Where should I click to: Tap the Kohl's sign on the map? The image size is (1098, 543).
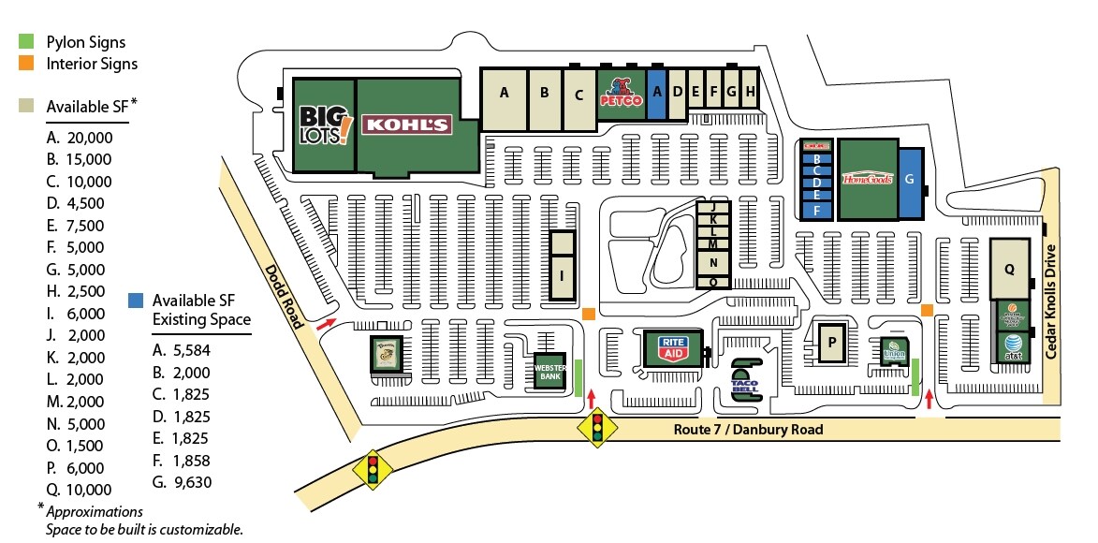point(406,125)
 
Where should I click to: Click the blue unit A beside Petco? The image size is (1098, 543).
point(656,91)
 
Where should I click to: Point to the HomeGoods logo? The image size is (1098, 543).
point(869,179)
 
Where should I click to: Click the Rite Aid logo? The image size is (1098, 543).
point(671,348)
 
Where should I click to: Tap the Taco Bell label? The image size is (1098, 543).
point(746,383)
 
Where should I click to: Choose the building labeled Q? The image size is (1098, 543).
point(1009,268)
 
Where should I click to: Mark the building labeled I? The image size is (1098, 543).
point(562,276)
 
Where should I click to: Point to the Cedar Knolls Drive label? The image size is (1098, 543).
point(1051,301)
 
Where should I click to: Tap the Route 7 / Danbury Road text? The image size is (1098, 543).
point(749,430)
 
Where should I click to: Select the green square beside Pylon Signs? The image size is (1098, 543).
point(27,42)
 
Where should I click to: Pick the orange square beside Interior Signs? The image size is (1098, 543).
point(27,64)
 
